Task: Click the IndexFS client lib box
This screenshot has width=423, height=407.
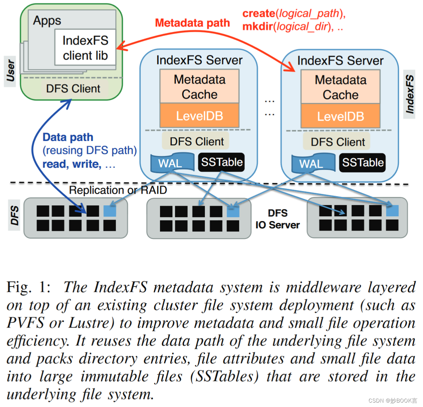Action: [x=85, y=48]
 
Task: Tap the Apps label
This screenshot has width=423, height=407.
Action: [x=47, y=20]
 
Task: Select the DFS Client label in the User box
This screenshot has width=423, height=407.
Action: [x=73, y=89]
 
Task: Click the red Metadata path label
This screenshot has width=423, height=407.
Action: [x=192, y=23]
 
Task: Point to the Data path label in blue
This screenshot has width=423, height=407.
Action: [x=68, y=137]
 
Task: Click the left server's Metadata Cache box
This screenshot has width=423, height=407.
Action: [x=199, y=87]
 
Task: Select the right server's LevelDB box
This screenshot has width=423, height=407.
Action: [x=340, y=116]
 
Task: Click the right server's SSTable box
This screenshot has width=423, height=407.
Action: [x=362, y=163]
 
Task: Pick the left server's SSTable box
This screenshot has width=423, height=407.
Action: [x=221, y=162]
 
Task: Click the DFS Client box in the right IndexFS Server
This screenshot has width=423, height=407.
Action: [x=338, y=142]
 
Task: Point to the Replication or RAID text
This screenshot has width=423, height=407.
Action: [x=118, y=190]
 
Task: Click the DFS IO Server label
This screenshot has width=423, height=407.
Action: [x=278, y=219]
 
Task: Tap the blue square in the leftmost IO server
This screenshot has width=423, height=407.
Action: [x=110, y=211]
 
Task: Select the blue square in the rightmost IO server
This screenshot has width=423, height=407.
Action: [x=392, y=211]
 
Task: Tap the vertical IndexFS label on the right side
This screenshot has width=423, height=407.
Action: [x=409, y=94]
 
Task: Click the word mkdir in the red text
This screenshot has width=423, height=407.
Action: [x=258, y=27]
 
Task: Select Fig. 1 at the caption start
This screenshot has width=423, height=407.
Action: [x=28, y=287]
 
